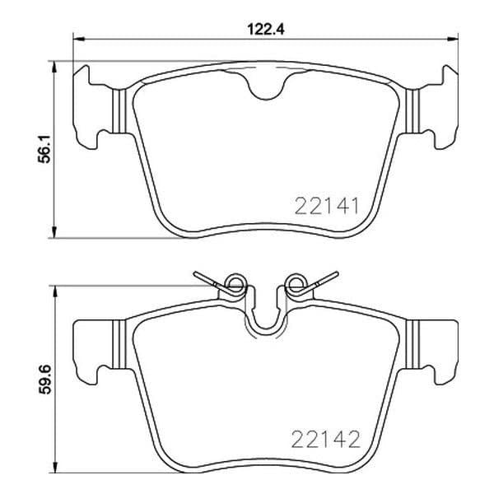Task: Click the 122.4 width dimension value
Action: [x=266, y=30]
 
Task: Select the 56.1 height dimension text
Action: [x=44, y=149]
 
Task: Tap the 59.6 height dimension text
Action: [x=44, y=379]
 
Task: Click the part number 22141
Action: [x=327, y=206]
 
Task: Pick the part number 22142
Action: [x=326, y=439]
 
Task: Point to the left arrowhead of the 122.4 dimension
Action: [x=79, y=39]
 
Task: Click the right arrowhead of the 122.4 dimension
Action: [x=452, y=39]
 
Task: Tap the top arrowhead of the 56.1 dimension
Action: [x=55, y=67]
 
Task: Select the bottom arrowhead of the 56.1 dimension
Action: [x=55, y=232]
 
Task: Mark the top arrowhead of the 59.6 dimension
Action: [x=55, y=291]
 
